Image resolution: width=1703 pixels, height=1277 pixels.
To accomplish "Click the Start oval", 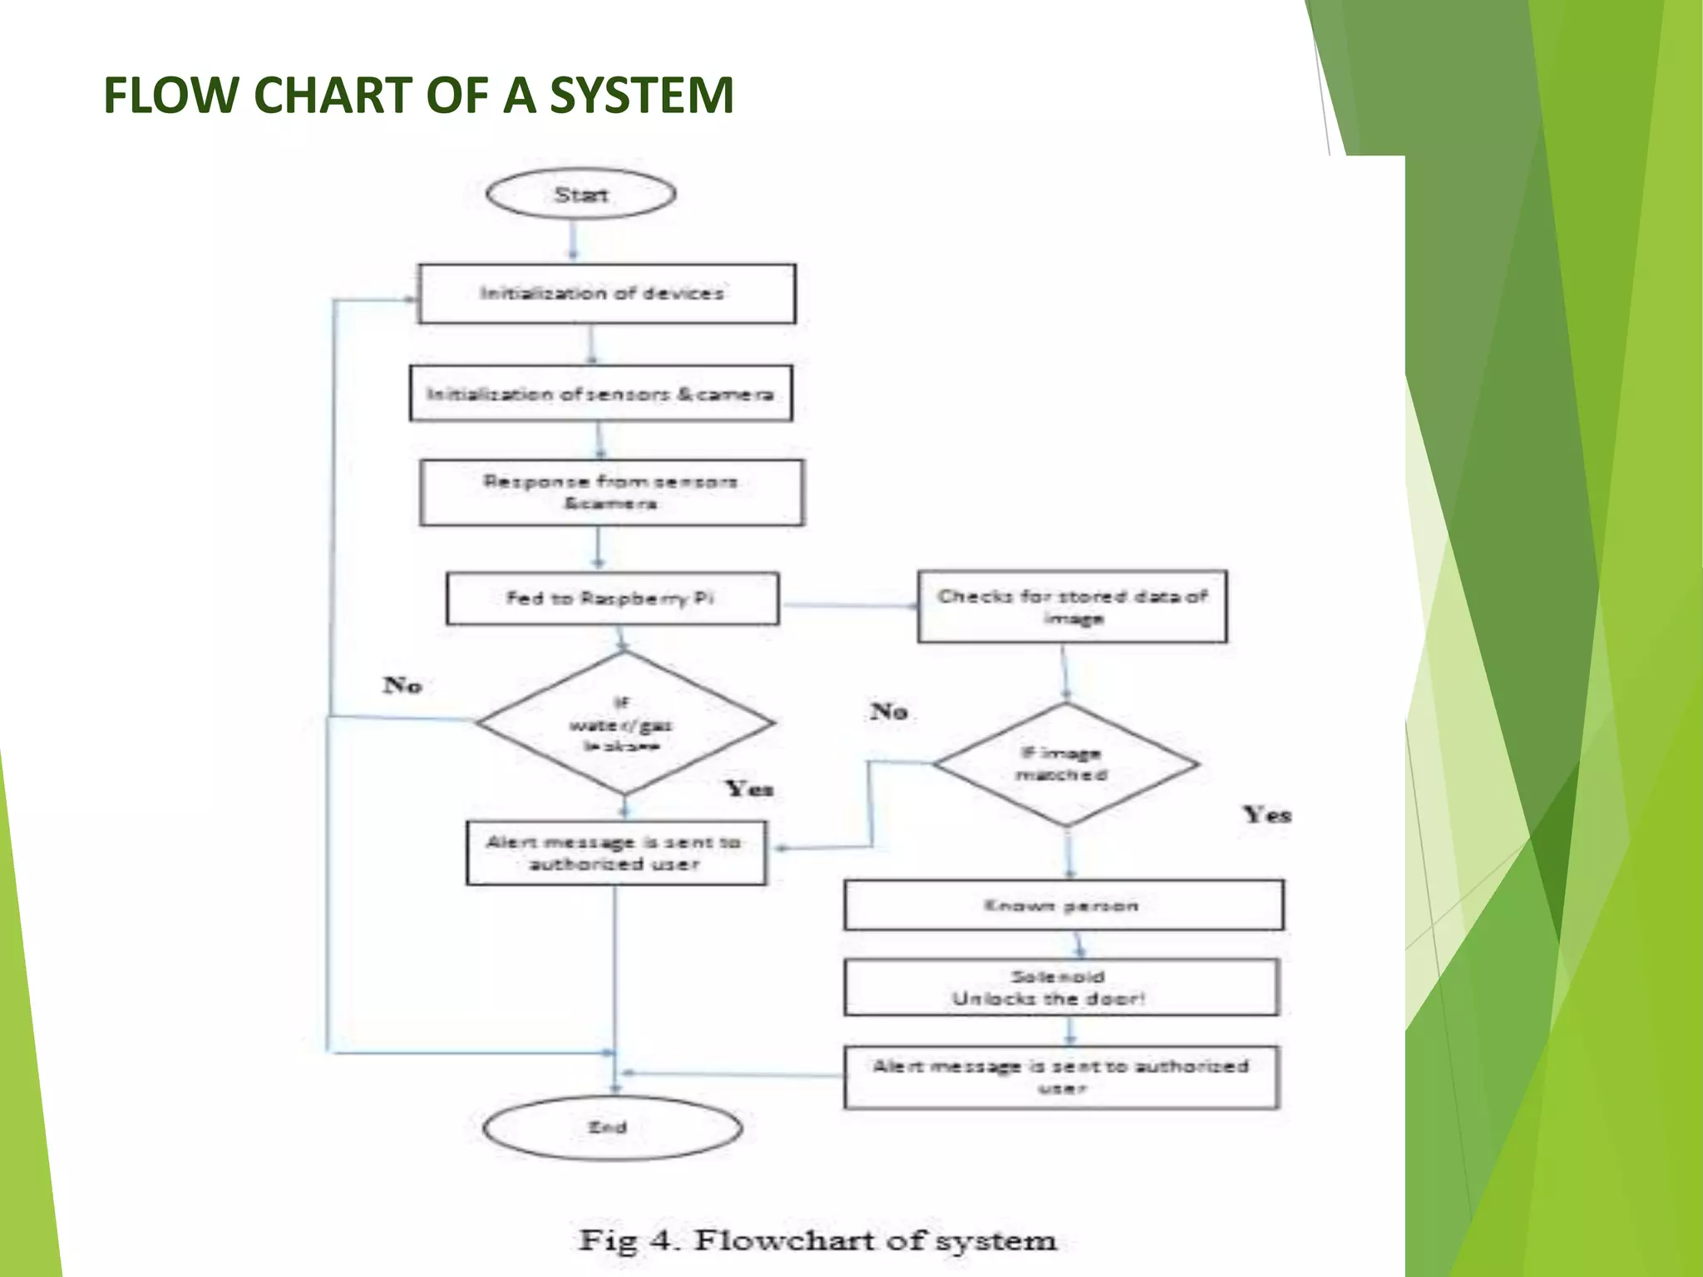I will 580,195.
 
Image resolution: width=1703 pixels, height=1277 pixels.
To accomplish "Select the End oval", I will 611,1128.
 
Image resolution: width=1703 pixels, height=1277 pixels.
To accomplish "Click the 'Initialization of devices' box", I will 606,293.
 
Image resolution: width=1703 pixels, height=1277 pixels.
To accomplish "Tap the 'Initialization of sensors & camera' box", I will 600,393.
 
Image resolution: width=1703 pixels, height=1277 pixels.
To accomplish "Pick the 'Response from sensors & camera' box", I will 611,492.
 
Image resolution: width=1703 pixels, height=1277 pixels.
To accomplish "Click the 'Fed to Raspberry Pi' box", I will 612,599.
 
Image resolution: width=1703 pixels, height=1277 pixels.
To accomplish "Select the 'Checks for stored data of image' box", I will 1072,606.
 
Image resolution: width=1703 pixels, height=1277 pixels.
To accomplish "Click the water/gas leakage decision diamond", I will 624,724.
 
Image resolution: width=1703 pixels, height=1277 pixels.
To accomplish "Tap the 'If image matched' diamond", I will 1065,764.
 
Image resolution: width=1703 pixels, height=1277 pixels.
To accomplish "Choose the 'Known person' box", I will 1063,905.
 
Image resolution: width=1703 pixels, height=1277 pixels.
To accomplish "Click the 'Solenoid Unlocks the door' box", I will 1060,988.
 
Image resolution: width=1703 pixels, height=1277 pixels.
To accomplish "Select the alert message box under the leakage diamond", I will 615,853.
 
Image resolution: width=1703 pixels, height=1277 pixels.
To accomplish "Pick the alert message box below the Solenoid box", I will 1061,1077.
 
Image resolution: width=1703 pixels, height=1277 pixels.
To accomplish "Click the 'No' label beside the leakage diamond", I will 402,685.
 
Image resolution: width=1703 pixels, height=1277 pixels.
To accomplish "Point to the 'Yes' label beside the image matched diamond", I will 1266,815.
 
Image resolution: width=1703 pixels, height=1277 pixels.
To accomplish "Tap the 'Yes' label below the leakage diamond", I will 749,788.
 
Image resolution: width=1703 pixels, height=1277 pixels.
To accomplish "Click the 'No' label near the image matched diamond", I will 889,712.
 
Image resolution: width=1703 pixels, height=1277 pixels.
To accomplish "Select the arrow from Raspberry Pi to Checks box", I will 848,605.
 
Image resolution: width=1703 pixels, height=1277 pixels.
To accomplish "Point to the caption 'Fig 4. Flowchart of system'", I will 817,1240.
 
